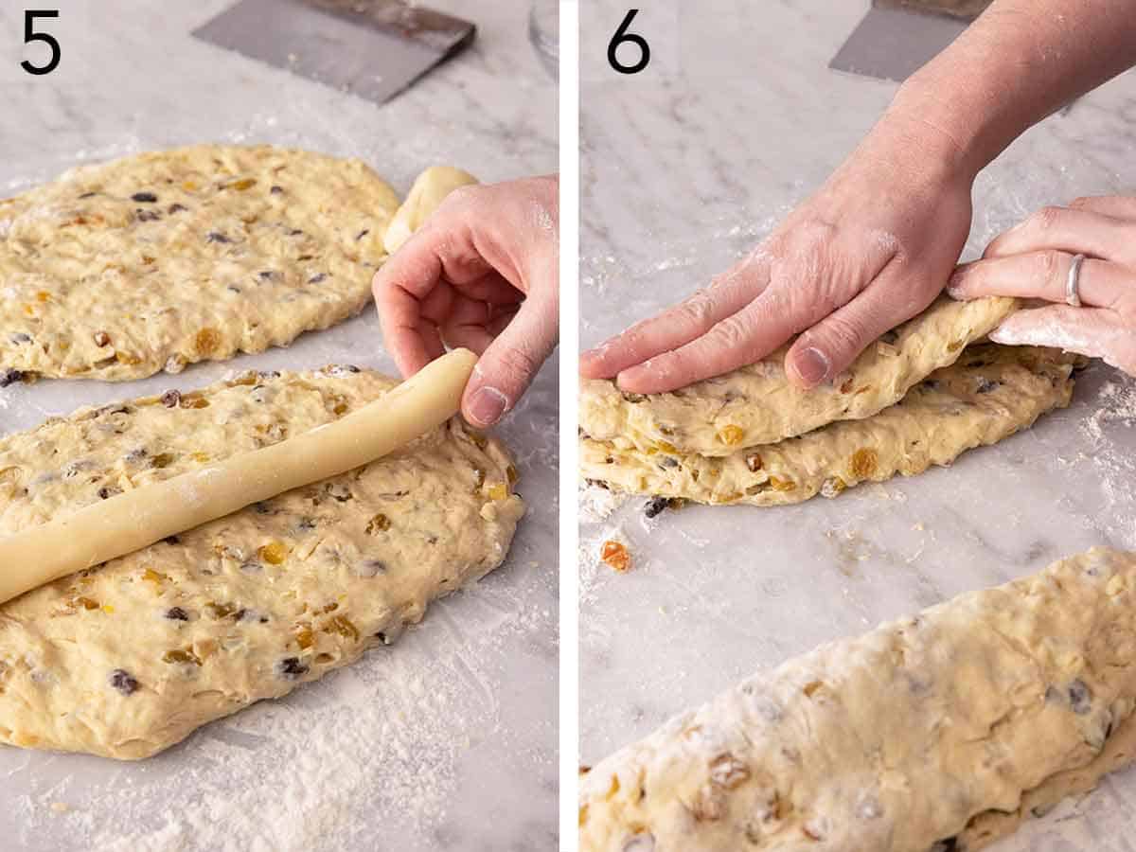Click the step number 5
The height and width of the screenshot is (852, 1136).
[40, 43]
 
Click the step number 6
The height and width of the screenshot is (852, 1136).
[629, 43]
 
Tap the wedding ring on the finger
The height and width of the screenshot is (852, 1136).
[1074, 279]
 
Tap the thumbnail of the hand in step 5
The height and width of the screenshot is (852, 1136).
[487, 405]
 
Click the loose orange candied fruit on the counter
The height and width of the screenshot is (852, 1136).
[615, 555]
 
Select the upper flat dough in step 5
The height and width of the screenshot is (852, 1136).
[189, 256]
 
